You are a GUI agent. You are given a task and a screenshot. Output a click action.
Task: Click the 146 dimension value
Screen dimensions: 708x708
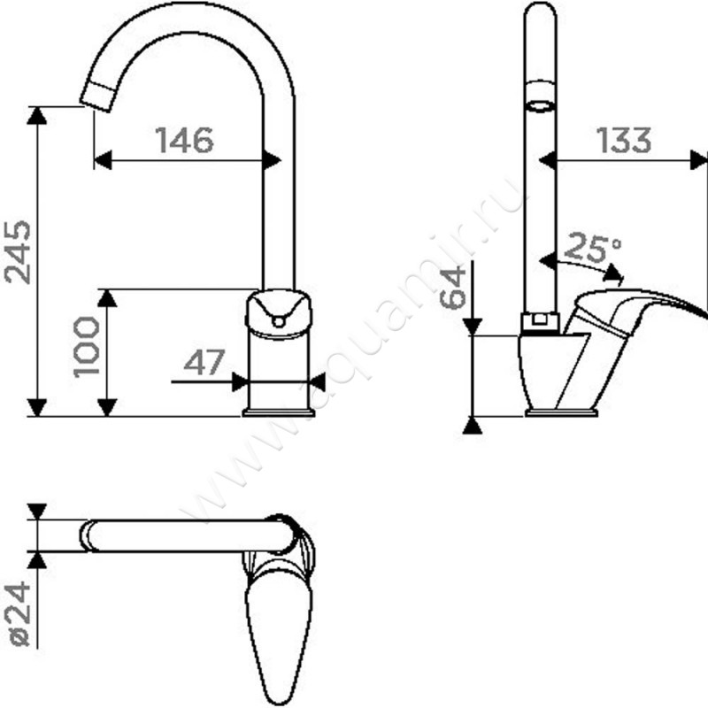pos(185,140)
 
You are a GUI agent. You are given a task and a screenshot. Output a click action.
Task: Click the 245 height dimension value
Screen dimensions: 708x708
pos(18,252)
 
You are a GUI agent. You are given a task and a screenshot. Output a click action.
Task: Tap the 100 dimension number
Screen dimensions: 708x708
pos(86,347)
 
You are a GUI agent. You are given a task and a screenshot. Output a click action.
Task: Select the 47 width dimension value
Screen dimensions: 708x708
pos(204,362)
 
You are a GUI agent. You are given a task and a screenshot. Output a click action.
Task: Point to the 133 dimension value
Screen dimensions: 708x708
pos(624,140)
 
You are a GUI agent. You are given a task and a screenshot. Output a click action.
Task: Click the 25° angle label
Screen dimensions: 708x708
pos(593,248)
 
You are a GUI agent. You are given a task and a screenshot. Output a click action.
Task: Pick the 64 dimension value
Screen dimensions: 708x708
pos(452,287)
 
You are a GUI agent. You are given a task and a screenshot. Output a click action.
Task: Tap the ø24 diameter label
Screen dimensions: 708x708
pos(19,614)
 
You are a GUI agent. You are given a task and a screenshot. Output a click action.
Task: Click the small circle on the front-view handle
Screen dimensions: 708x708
pos(279,321)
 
